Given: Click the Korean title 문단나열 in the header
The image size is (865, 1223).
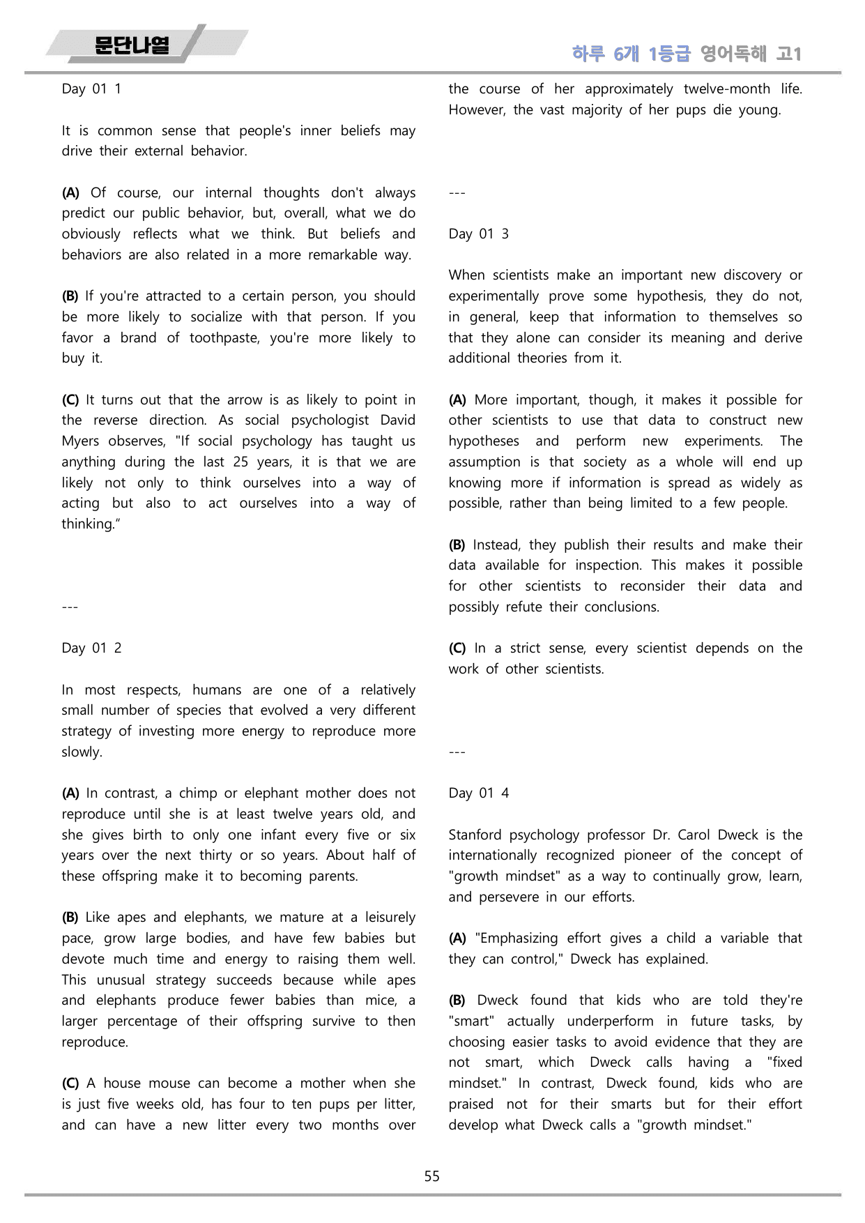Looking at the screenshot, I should (132, 46).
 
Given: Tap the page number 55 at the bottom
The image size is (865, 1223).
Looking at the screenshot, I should (432, 1176).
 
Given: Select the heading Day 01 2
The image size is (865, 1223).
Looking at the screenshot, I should (91, 648).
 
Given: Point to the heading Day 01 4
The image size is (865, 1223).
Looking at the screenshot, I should (478, 793).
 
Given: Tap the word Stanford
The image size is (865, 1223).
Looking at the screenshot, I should (475, 835).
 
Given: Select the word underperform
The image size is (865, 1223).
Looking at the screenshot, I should (611, 1021).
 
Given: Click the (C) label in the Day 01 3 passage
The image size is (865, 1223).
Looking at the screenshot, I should (457, 648).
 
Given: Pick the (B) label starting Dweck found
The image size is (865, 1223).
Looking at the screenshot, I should (457, 1000).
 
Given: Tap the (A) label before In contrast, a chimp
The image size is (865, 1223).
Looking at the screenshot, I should (70, 793).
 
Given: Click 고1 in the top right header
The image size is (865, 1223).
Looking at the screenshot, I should (789, 54).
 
